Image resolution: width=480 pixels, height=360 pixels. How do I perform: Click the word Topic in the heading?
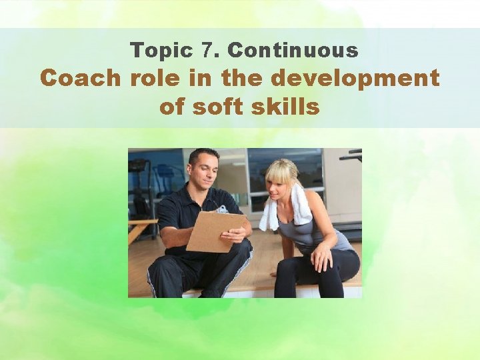pyautogui.click(x=155, y=50)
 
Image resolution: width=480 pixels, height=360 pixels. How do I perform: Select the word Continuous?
pyautogui.click(x=293, y=50)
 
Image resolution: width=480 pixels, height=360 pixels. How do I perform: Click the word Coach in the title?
pyautogui.click(x=80, y=78)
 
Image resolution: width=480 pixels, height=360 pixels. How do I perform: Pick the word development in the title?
pyautogui.click(x=355, y=78)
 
